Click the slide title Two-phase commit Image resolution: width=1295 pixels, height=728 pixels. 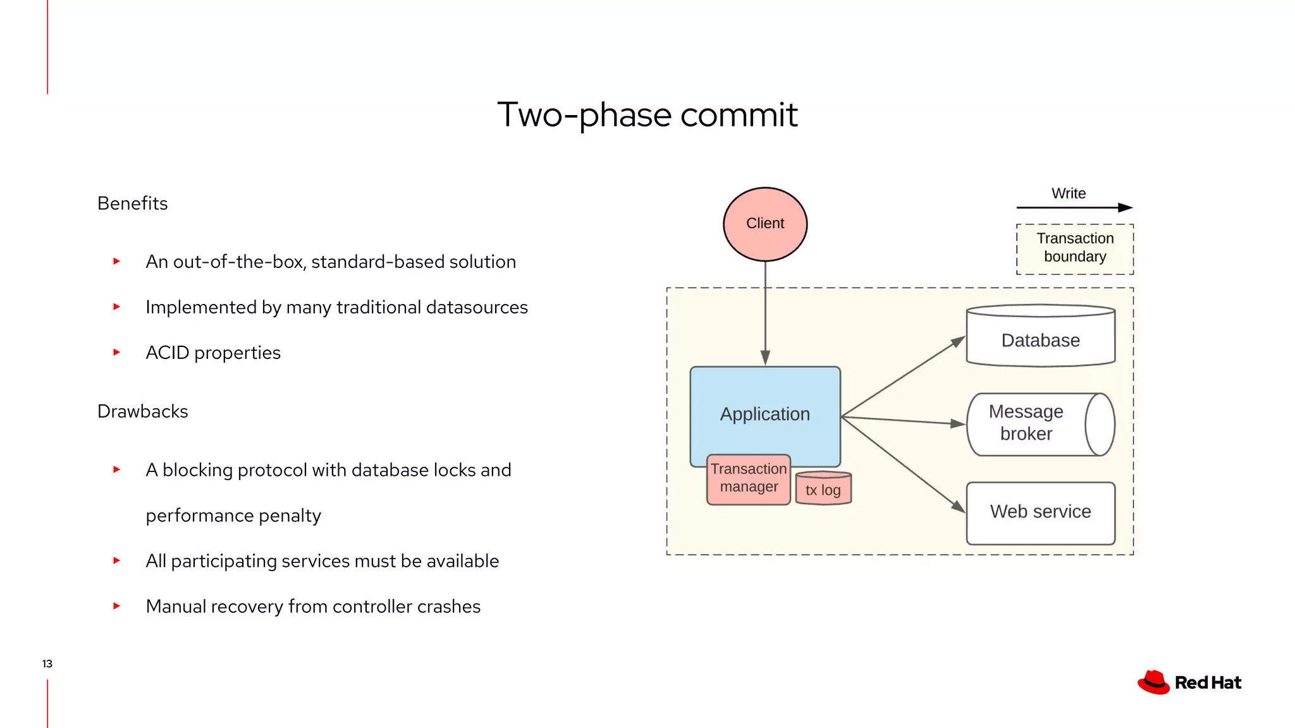(647, 114)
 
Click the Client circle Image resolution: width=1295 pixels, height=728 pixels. (765, 224)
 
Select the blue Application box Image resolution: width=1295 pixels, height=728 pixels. (765, 404)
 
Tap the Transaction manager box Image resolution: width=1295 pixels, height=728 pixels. (749, 479)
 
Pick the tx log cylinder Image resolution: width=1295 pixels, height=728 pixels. (823, 489)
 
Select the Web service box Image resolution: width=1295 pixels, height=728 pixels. (1040, 513)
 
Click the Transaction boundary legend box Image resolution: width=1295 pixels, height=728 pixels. (1074, 248)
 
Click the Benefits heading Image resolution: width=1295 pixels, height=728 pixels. (132, 203)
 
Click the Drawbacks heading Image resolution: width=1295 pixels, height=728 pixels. (142, 411)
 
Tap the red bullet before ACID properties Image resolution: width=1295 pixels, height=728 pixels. (116, 353)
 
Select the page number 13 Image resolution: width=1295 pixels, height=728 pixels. (47, 664)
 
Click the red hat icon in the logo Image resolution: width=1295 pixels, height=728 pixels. (1153, 682)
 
